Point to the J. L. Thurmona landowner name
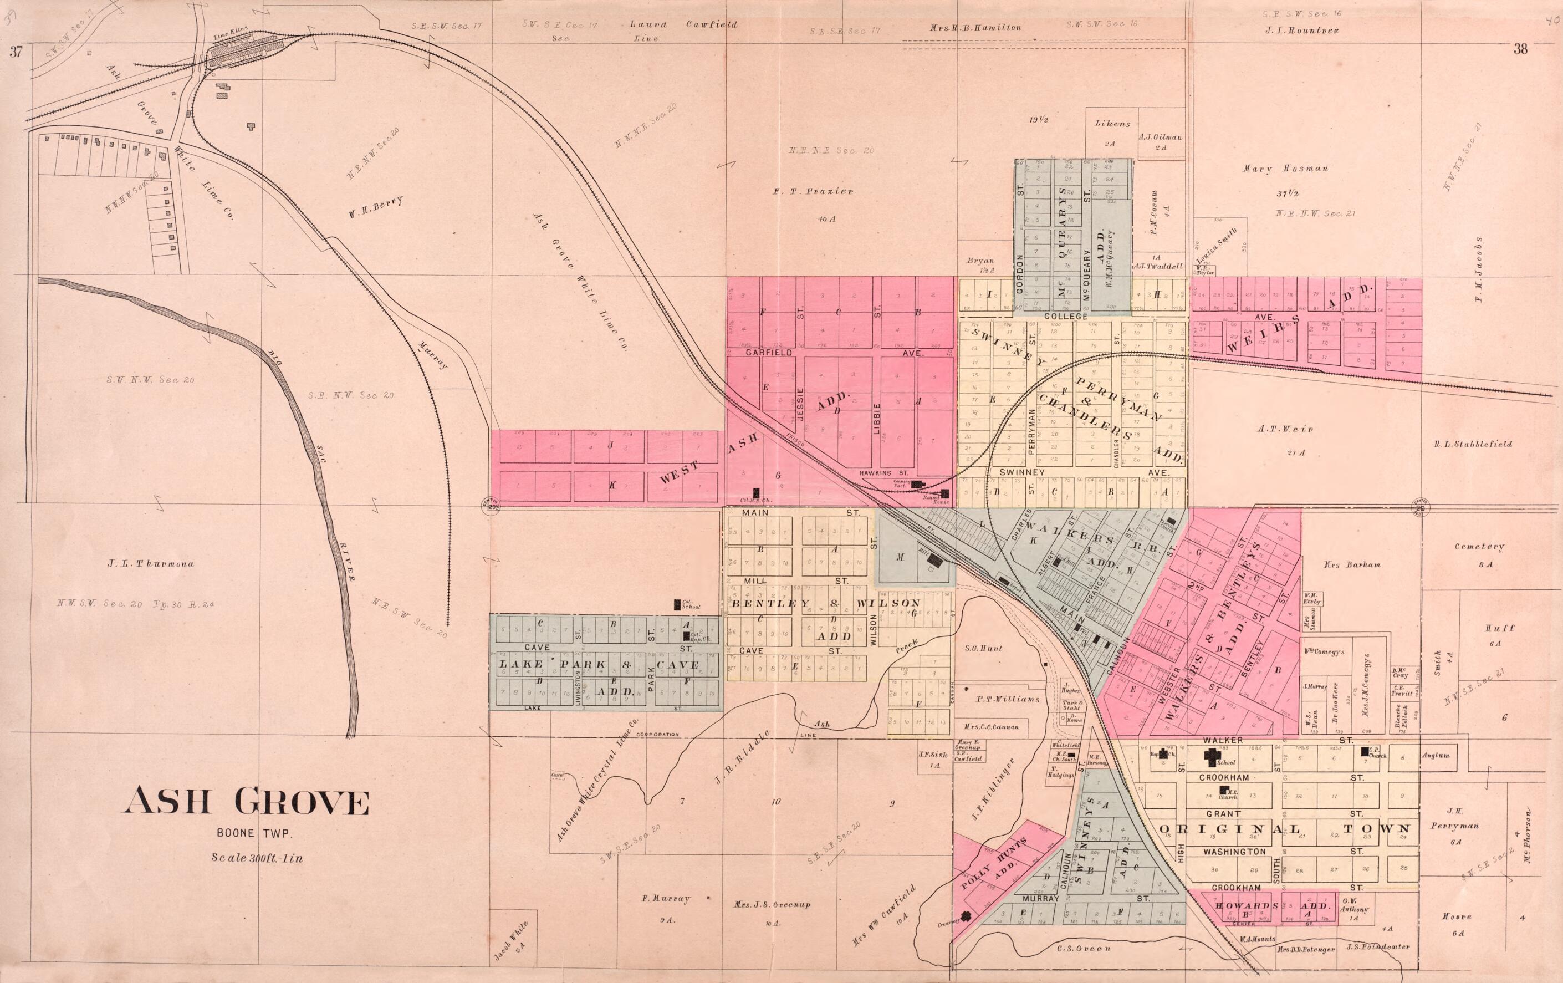[x=151, y=563]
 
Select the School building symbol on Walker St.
[x=1211, y=756]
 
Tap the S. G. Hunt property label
[x=983, y=648]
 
